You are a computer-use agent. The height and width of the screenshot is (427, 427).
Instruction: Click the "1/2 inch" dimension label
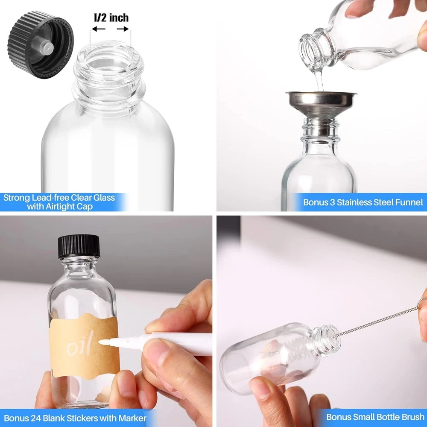(x=111, y=18)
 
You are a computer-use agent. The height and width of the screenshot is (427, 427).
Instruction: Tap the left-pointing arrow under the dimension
(x=98, y=29)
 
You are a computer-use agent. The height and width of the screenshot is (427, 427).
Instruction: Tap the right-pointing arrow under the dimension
(x=123, y=29)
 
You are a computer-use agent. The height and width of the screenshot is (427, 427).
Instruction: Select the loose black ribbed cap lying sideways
(x=41, y=45)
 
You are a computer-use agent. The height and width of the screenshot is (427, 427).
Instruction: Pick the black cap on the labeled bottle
(x=79, y=246)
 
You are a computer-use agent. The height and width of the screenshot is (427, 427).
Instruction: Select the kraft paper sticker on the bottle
(x=85, y=346)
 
